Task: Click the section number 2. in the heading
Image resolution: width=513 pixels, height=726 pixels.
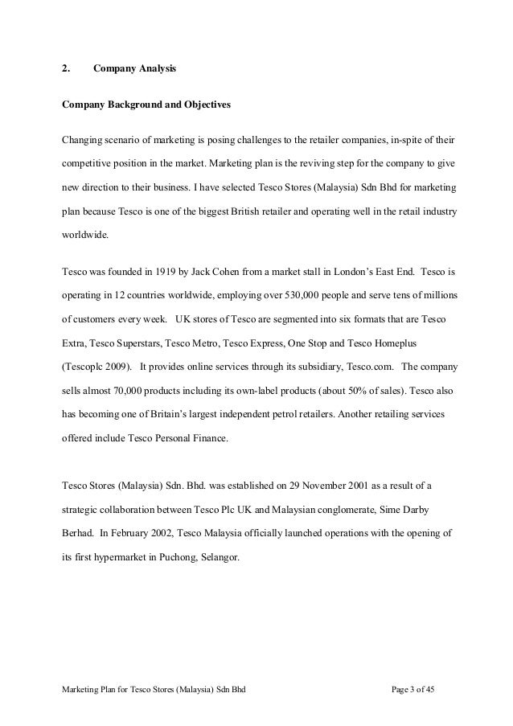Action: click(65, 69)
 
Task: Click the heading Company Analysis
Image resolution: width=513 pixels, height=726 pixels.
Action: click(134, 69)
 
